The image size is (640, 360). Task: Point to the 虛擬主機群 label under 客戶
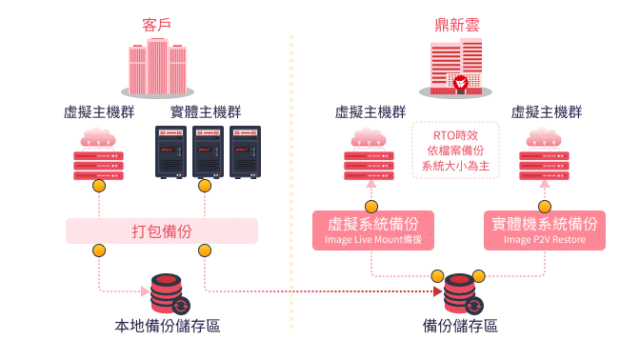click(98, 111)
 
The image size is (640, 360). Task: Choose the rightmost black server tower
click(244, 151)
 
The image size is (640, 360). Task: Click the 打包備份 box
click(162, 230)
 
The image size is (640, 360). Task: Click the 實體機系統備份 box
click(545, 230)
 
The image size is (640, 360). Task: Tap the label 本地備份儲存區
click(168, 326)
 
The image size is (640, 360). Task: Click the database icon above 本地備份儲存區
click(168, 294)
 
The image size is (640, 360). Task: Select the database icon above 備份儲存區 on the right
click(460, 294)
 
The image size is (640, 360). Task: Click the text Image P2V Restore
click(545, 240)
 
